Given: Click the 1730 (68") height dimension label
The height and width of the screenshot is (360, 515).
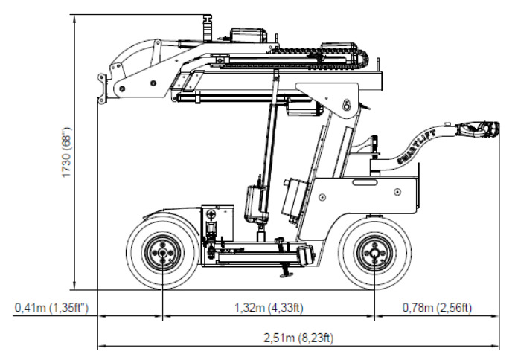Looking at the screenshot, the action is (67, 152).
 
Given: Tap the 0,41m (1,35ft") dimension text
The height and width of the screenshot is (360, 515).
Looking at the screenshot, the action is (51, 308).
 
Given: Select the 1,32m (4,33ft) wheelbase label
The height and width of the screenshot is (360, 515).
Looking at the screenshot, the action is (269, 308).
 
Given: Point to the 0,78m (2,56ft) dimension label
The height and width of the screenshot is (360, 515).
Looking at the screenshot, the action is (437, 308).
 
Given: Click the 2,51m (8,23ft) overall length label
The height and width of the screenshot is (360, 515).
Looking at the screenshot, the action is (298, 338).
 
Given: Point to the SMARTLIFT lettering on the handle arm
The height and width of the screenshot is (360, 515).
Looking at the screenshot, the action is (416, 147).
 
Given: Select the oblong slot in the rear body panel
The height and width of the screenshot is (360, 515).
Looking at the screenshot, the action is (365, 182).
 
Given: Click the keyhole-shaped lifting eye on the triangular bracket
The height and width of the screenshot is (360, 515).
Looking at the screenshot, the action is (346, 105).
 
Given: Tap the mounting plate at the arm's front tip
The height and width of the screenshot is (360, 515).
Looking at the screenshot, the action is (102, 89).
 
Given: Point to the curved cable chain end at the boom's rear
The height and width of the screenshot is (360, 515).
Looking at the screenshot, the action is (362, 58).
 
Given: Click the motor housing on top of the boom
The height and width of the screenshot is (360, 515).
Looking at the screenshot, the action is (249, 35).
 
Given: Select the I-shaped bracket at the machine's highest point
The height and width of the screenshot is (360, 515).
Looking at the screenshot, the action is (207, 28).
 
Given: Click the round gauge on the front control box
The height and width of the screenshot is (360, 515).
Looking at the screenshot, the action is (210, 215).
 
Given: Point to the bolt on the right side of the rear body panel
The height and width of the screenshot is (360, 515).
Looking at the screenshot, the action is (397, 192).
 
